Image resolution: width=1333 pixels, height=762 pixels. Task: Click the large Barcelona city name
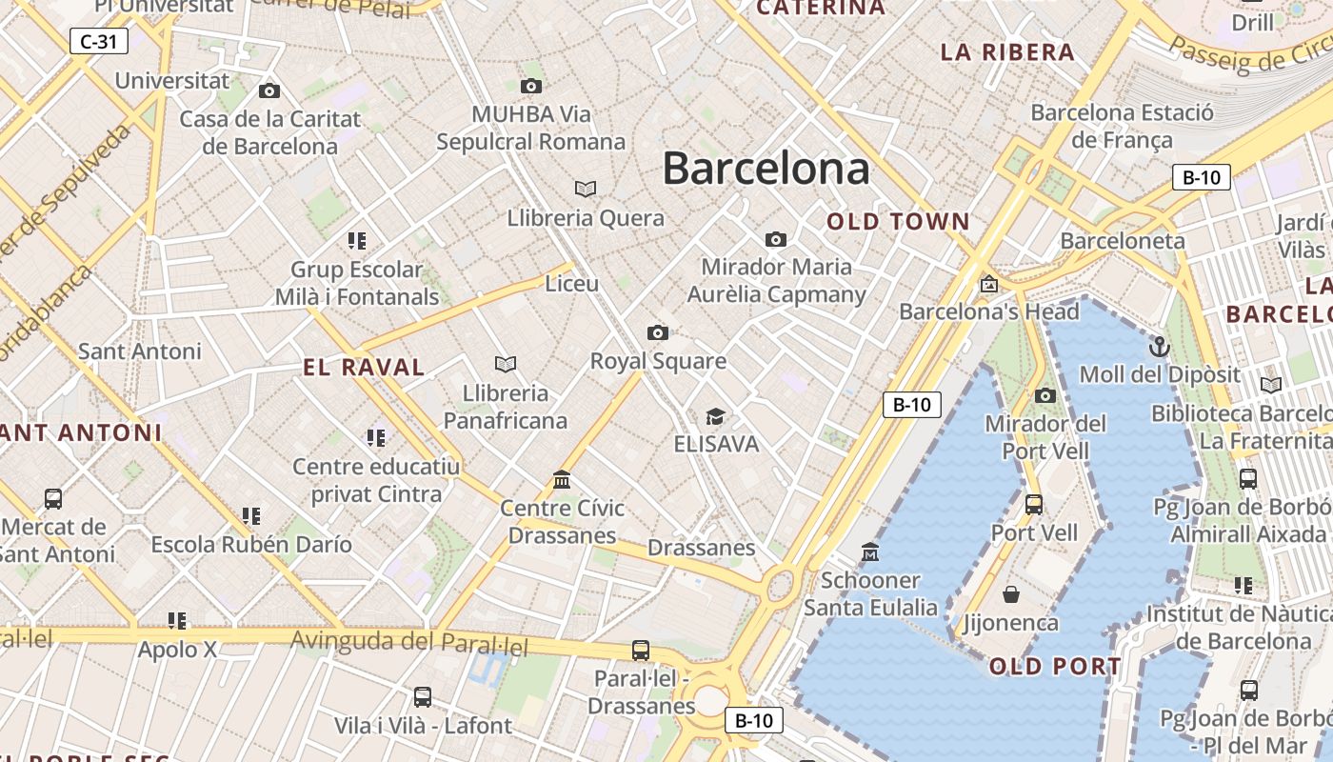point(766,169)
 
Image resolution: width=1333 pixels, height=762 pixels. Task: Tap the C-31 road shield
point(99,41)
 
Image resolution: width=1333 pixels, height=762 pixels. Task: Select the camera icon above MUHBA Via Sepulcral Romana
point(531,87)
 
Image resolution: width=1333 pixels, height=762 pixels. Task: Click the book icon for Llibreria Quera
point(586,189)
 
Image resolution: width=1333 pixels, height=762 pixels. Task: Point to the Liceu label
point(571,284)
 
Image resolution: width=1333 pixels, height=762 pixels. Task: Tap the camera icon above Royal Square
point(657,332)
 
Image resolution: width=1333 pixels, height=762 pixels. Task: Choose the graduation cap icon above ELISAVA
point(715,416)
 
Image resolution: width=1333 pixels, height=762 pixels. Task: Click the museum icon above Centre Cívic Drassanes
point(562,479)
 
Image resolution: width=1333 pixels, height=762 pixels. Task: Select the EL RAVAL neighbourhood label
point(364,367)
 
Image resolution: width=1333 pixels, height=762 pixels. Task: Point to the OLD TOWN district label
point(898,222)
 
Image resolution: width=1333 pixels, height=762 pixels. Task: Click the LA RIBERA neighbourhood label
point(1007,52)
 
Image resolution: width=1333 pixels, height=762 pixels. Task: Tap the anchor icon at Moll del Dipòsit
point(1159,346)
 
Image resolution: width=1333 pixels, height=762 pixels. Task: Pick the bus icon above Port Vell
point(1034,504)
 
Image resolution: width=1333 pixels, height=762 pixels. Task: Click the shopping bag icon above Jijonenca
point(1010,595)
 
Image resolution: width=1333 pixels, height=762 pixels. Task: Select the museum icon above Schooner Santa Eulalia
point(869,552)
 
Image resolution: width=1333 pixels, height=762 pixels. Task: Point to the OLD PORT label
point(1055,666)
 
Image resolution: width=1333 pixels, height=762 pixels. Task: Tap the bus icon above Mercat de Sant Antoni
point(53,498)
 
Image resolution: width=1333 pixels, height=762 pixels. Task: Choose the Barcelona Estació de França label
point(1122,126)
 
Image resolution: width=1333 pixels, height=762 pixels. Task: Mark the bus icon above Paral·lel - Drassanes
point(641,651)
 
